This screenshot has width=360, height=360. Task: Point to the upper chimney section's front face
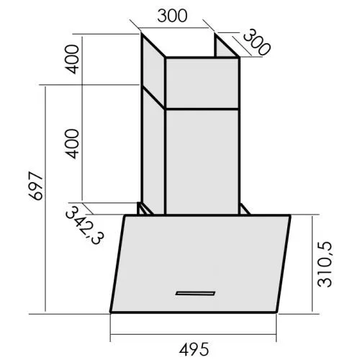pos(202,83)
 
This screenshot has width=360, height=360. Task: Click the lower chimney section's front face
pos(202,158)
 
